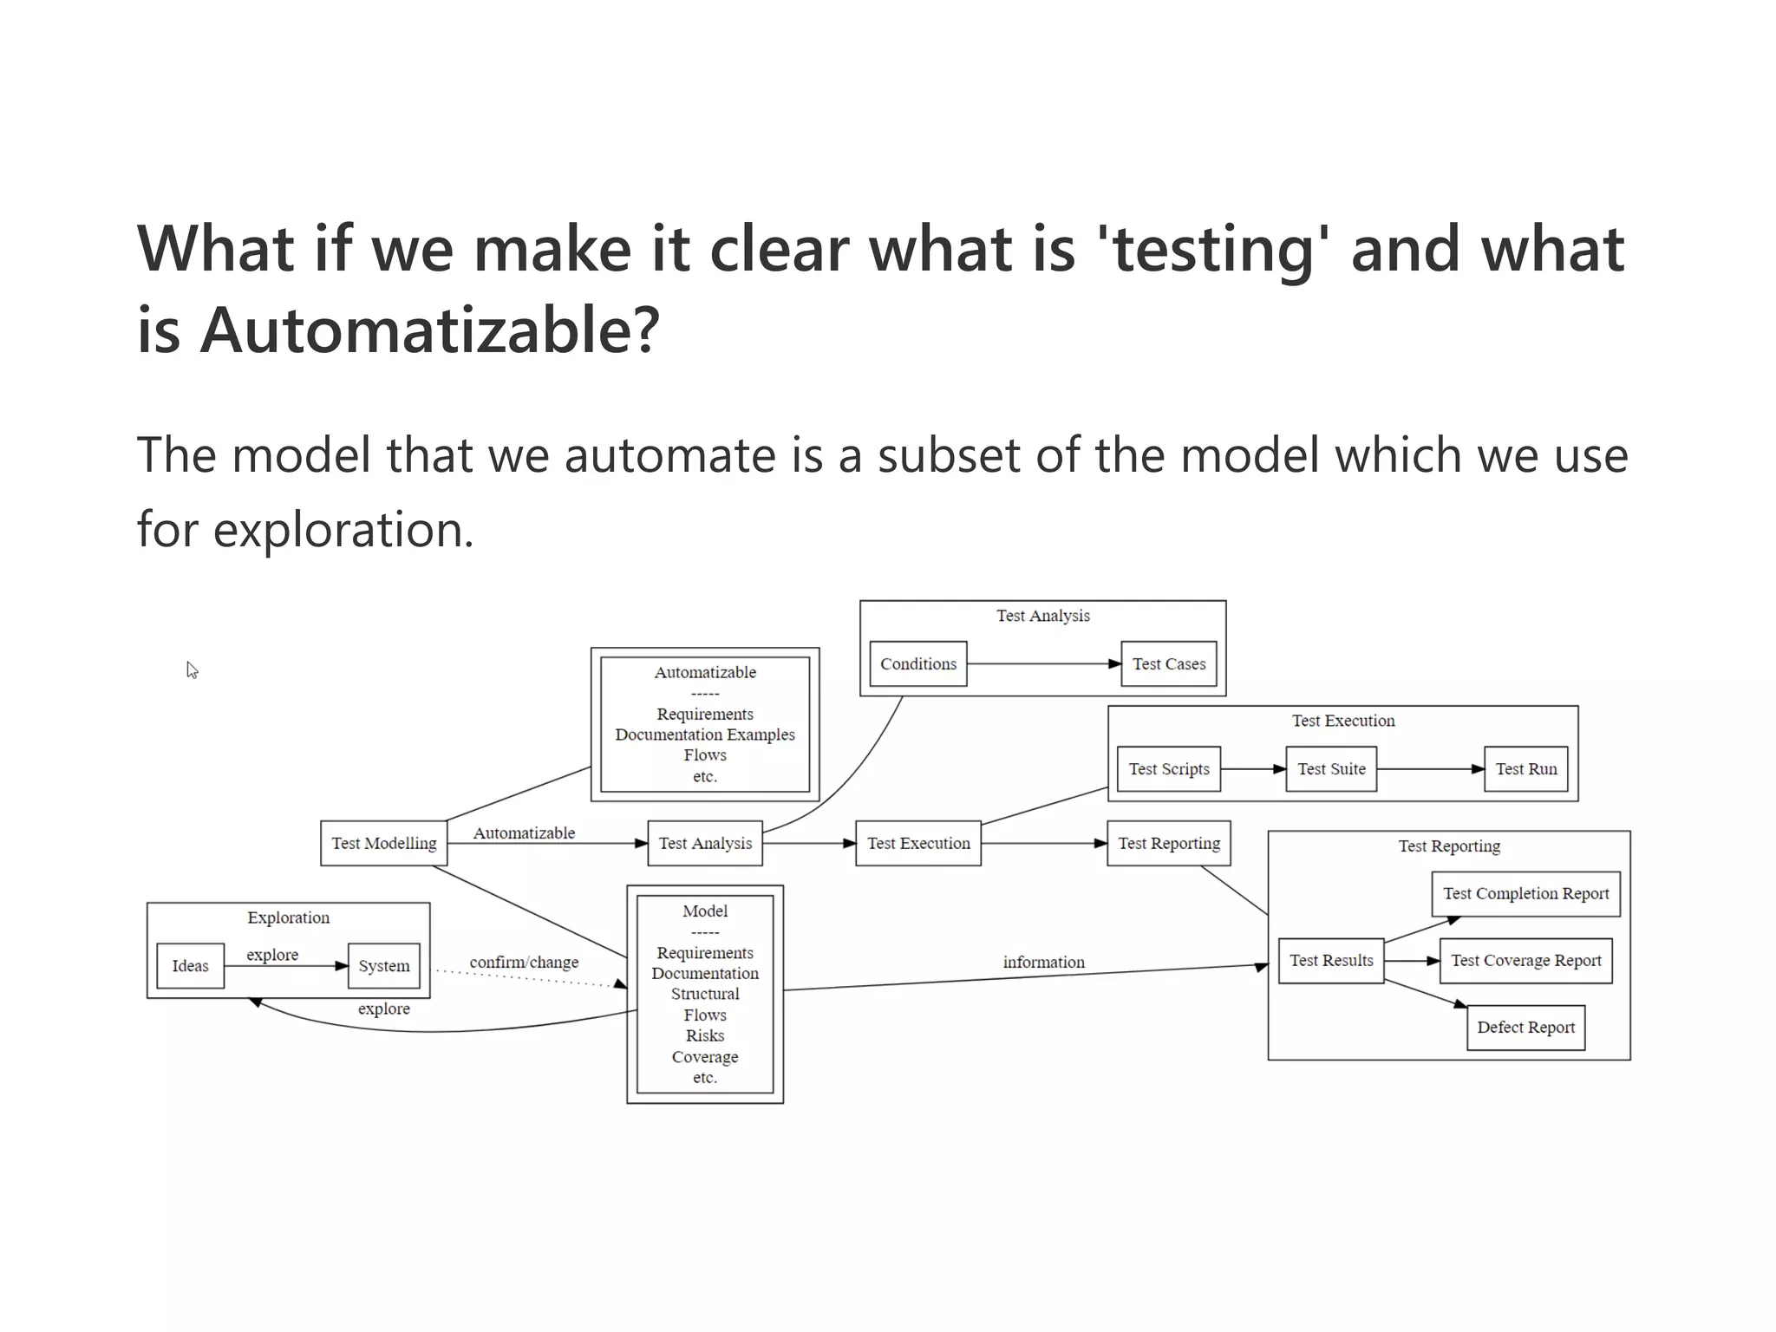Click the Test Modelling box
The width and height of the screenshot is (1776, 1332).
coord(383,843)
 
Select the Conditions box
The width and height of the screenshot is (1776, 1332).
coord(917,663)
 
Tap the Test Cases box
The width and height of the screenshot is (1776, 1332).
coord(1168,663)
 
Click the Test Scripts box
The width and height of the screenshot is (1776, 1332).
coord(1168,768)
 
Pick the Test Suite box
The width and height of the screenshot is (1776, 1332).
coord(1330,768)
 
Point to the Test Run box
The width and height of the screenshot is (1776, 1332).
coord(1525,768)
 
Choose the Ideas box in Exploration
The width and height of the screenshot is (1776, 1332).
coord(190,965)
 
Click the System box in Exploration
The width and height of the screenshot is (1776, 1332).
coord(383,965)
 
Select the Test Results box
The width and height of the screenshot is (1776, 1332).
coord(1330,960)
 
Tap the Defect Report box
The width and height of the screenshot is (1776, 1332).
coord(1525,1027)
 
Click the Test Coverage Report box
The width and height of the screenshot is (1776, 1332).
coord(1525,960)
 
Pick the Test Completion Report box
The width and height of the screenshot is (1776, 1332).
coord(1525,893)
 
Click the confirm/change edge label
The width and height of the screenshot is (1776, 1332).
coord(524,962)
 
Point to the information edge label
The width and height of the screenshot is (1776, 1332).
coord(1043,962)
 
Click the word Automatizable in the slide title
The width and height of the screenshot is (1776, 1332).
coord(429,330)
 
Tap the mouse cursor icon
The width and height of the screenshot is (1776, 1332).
coord(192,669)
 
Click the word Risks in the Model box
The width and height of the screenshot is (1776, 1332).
coord(704,1035)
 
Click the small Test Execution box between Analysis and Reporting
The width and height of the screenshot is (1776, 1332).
coord(917,843)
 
